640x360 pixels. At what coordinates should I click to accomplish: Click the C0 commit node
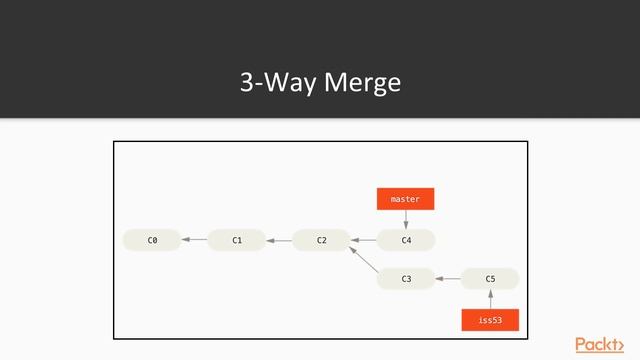pyautogui.click(x=151, y=240)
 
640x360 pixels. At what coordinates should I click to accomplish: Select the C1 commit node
pyautogui.click(x=236, y=240)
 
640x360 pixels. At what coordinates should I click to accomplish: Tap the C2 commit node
pyautogui.click(x=321, y=240)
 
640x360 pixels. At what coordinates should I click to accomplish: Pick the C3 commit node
pyautogui.click(x=406, y=279)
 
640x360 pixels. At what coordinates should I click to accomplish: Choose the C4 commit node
pyautogui.click(x=406, y=240)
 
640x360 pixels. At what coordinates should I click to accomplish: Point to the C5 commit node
pyautogui.click(x=490, y=279)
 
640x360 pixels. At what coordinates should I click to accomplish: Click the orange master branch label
pyautogui.click(x=405, y=199)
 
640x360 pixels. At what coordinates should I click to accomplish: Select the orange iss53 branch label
pyautogui.click(x=490, y=320)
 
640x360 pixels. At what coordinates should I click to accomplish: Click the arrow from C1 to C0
pyautogui.click(x=194, y=240)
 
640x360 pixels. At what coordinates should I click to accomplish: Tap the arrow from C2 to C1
pyautogui.click(x=279, y=240)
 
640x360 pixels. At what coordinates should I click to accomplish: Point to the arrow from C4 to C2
pyautogui.click(x=363, y=240)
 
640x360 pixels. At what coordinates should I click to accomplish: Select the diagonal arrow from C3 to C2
pyautogui.click(x=363, y=260)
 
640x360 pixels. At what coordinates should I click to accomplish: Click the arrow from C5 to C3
pyautogui.click(x=448, y=279)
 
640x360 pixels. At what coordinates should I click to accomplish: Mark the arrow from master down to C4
pyautogui.click(x=406, y=220)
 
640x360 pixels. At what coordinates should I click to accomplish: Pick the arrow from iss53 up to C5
pyautogui.click(x=490, y=299)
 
